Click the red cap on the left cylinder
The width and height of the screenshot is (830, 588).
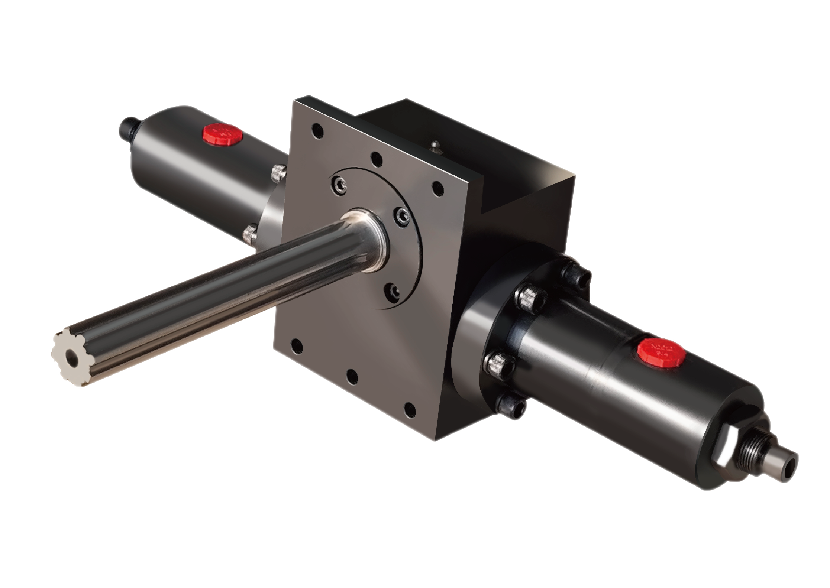click(x=222, y=135)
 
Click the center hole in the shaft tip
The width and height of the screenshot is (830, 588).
click(x=71, y=358)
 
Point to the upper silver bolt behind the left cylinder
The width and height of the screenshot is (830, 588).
click(x=279, y=172)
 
